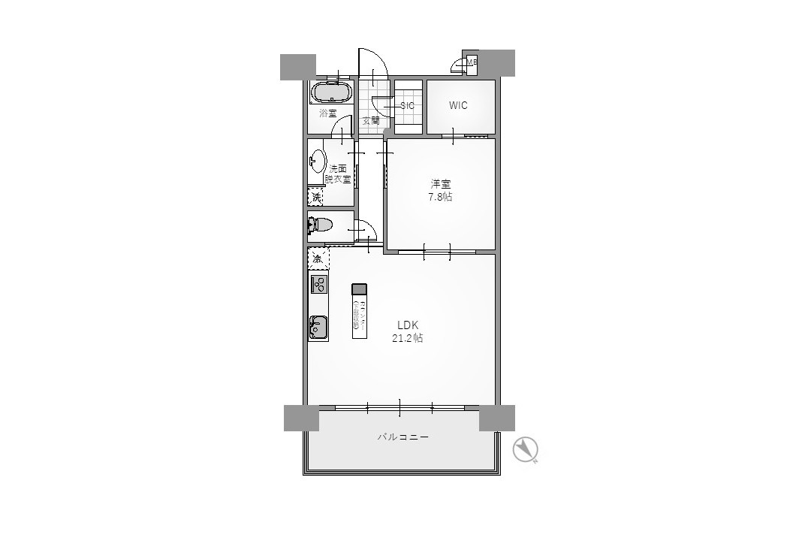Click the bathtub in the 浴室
[x=331, y=93]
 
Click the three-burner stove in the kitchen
[x=318, y=285]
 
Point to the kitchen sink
[x=318, y=327]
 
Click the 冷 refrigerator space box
[x=318, y=258]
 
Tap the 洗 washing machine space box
[x=317, y=197]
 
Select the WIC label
[x=458, y=105]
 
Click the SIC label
[x=407, y=106]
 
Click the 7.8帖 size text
[x=440, y=197]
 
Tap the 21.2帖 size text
[x=408, y=338]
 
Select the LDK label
[x=408, y=325]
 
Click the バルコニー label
[x=403, y=437]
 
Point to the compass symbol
[x=526, y=450]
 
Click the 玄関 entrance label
[x=371, y=120]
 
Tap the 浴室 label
[x=327, y=113]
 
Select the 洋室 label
[x=440, y=183]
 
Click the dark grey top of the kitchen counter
[x=359, y=289]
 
